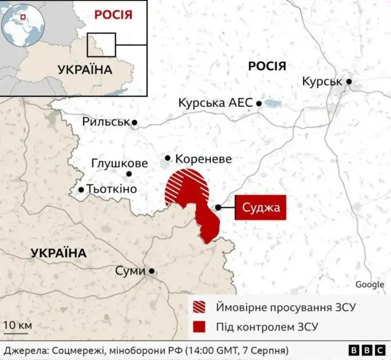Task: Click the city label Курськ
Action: [x=322, y=82]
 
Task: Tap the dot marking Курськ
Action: [x=349, y=81]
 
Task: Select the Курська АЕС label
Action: [x=215, y=103]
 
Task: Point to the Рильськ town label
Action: [x=106, y=122]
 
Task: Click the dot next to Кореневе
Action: [x=167, y=158]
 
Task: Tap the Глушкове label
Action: [x=119, y=164]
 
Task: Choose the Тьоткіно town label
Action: [x=112, y=190]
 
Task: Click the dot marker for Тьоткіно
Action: [x=81, y=190]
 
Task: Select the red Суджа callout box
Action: [x=261, y=208]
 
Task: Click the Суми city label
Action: [x=130, y=270]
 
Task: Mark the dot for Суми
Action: [x=151, y=271]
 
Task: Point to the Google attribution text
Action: [x=370, y=284]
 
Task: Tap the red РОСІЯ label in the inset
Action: [x=113, y=14]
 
